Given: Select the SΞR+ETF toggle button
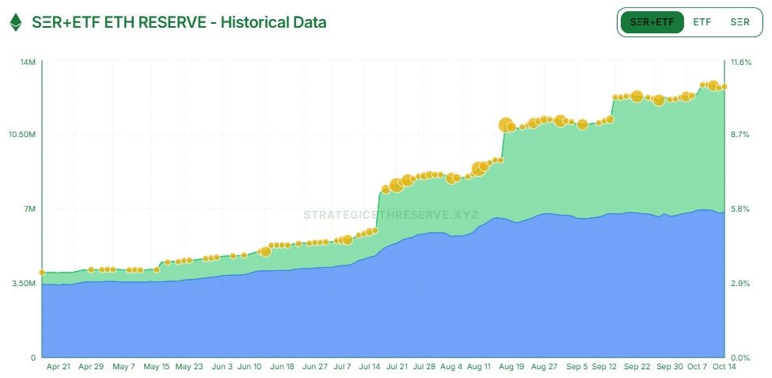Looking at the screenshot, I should (x=652, y=22).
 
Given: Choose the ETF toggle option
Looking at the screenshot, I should (x=702, y=22).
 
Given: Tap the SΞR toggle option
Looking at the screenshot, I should (x=740, y=22).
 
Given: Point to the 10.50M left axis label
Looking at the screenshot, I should (x=21, y=135).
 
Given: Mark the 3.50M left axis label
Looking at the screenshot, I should (x=23, y=283).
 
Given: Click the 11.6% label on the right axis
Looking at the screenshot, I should (x=741, y=63).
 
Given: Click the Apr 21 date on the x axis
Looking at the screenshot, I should (x=59, y=367).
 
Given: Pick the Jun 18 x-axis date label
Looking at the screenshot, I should (x=282, y=367).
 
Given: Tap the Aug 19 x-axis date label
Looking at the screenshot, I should (x=511, y=367).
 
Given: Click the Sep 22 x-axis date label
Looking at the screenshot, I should (x=637, y=367).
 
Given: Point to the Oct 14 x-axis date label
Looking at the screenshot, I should (x=724, y=367).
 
